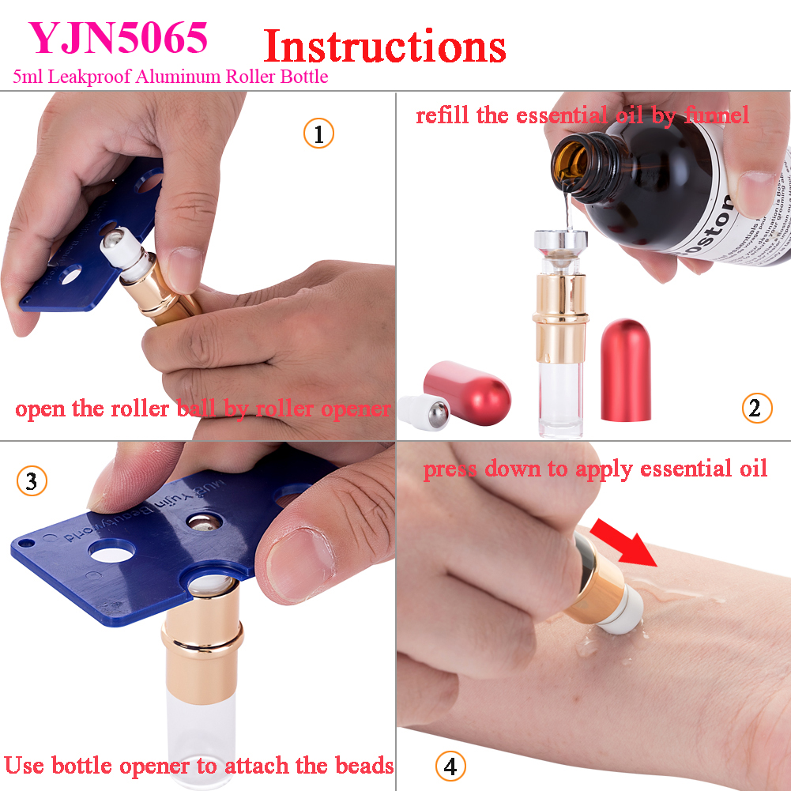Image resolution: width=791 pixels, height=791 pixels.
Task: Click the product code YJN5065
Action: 119,37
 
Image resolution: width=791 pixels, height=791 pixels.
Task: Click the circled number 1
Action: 318,134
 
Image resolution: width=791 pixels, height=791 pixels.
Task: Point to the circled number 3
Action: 32,481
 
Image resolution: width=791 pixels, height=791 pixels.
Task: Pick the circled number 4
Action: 450,766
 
